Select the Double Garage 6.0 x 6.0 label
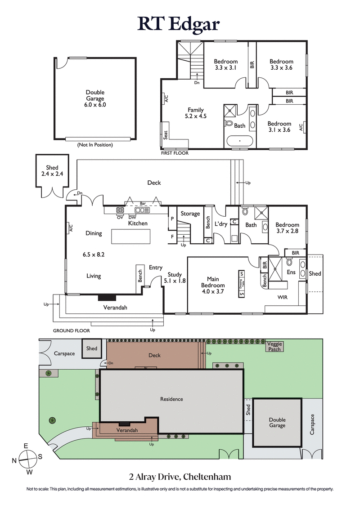point(94,98)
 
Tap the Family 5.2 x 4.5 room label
point(196,113)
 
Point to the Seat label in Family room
point(166,135)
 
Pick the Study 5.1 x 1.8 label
point(176,277)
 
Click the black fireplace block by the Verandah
point(107,297)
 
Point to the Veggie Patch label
point(274,346)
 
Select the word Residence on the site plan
point(171,399)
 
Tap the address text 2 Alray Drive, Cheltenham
point(180,476)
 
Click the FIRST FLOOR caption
point(175,153)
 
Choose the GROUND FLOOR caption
point(71,330)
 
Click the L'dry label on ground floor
point(220,224)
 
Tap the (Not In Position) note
point(94,145)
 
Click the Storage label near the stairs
point(190,214)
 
